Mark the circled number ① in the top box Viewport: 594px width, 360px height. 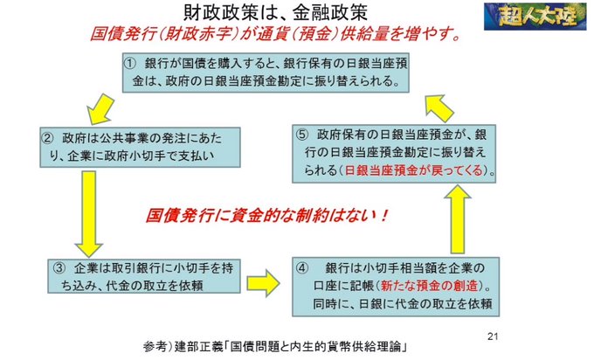click(130, 64)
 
